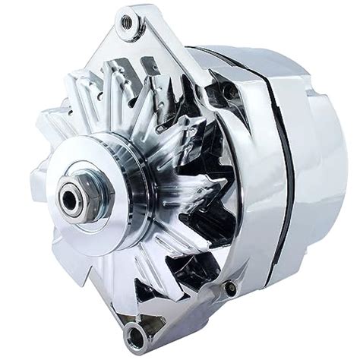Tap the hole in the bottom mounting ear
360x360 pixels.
point(136,331)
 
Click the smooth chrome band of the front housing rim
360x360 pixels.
point(243,152)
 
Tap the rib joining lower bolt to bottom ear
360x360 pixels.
point(186,311)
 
